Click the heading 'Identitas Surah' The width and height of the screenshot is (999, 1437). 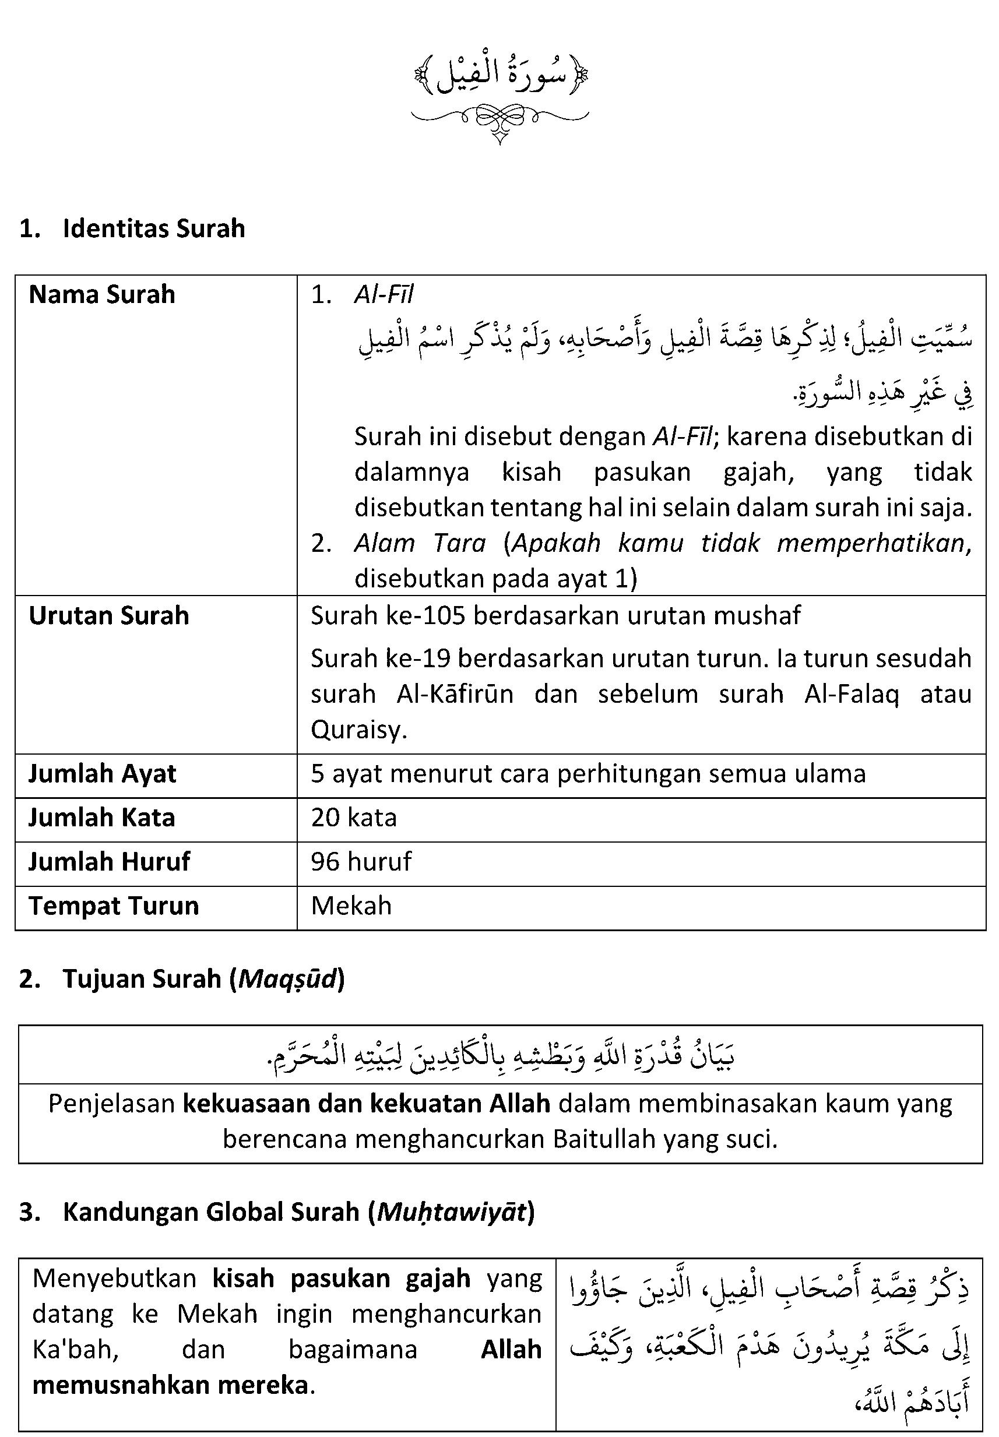click(x=153, y=228)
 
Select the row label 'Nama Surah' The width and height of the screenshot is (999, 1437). click(x=102, y=294)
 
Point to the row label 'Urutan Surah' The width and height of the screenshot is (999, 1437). click(x=109, y=616)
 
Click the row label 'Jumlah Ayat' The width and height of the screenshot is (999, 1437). click(x=103, y=774)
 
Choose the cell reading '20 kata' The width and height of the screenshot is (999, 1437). click(x=354, y=818)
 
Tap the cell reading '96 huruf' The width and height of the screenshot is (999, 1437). click(x=361, y=862)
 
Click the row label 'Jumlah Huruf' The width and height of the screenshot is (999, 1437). click(x=110, y=862)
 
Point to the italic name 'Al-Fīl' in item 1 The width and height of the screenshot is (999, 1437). click(x=384, y=294)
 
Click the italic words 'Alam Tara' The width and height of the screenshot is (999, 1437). click(x=420, y=543)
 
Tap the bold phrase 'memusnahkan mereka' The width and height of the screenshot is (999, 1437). click(x=170, y=1385)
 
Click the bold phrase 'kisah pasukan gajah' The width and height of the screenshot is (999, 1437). click(x=341, y=1278)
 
